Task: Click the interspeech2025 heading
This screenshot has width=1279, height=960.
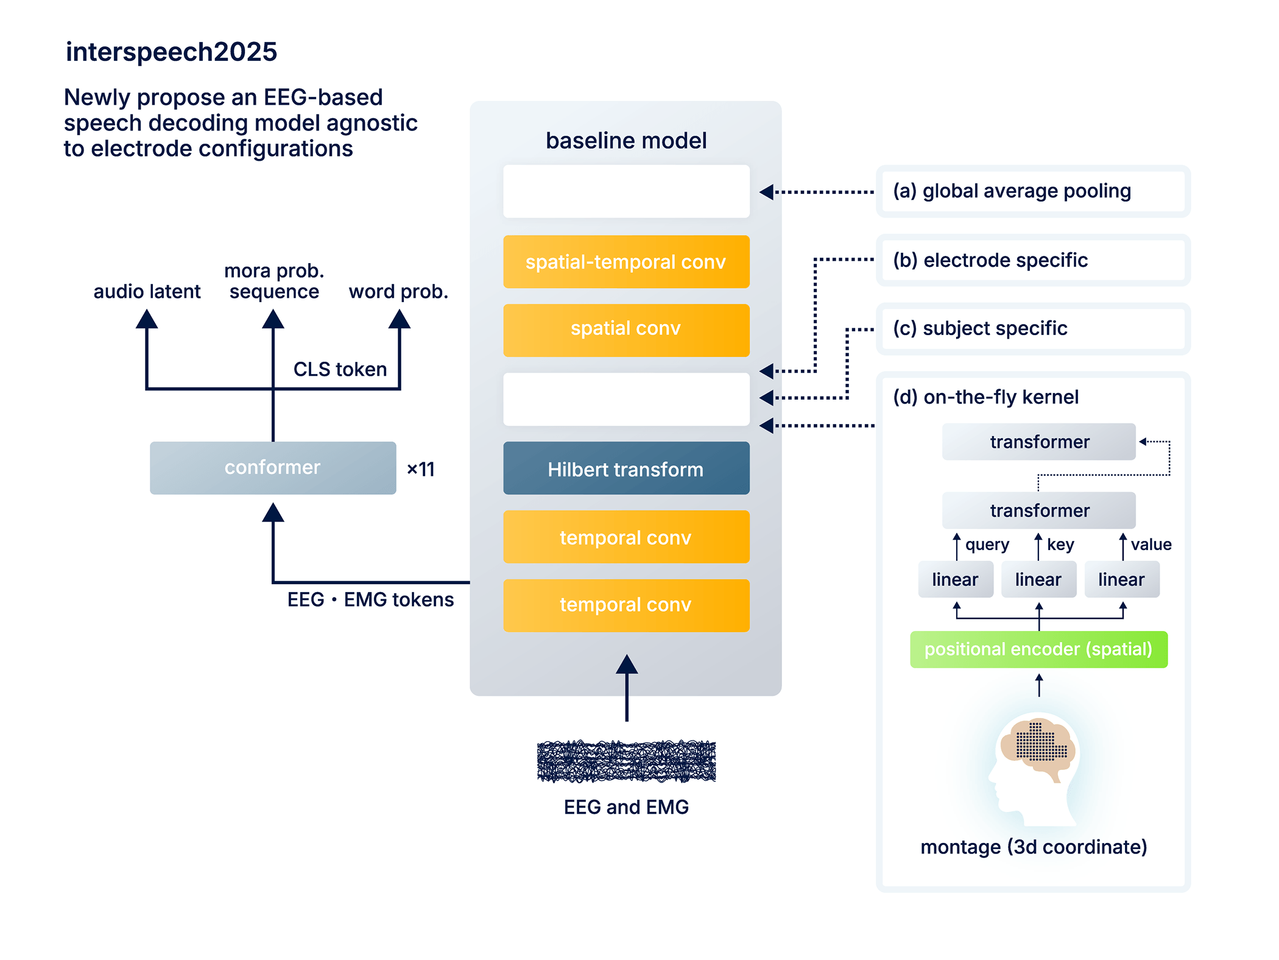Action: point(171,52)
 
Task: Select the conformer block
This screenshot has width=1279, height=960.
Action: point(272,468)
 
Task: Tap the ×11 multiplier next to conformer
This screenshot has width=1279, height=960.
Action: point(421,469)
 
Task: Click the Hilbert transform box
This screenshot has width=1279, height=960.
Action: point(625,469)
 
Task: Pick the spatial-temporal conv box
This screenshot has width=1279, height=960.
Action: point(625,262)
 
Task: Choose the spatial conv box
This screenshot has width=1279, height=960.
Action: point(625,330)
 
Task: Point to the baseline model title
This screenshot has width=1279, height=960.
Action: point(625,141)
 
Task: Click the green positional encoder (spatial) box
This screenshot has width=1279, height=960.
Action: point(1038,649)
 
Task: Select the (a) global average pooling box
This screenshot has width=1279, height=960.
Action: point(1033,191)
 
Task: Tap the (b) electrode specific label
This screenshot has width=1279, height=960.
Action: point(990,260)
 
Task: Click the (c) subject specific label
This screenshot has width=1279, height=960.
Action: point(980,328)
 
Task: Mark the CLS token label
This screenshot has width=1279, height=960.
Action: point(340,369)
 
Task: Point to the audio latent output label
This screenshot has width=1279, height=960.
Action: point(147,292)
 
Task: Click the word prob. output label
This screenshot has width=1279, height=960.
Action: point(398,292)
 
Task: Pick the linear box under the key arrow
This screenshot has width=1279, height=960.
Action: point(1038,579)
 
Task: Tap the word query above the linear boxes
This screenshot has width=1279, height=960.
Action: point(987,545)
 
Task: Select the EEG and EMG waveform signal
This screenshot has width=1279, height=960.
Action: point(626,761)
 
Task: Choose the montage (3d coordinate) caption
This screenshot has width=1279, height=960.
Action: point(1034,847)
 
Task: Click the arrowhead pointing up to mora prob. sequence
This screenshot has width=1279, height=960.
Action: point(273,319)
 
